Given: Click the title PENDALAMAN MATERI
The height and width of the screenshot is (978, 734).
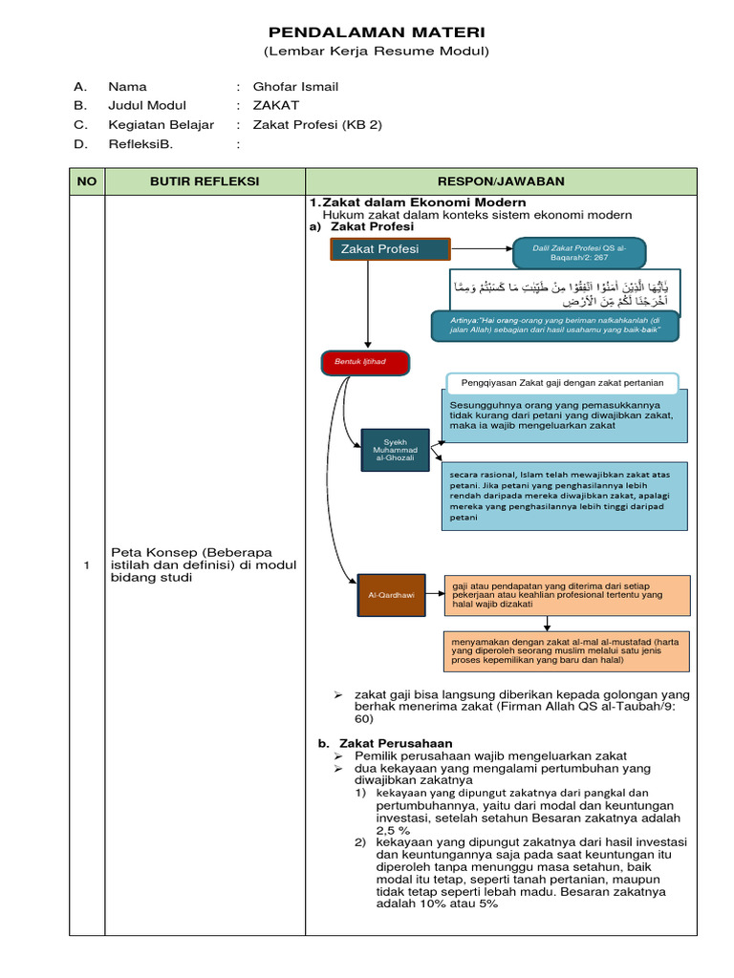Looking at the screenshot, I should (x=376, y=32).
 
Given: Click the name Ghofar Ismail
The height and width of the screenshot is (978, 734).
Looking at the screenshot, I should (x=295, y=87).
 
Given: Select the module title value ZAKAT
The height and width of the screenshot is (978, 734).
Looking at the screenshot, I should (x=276, y=106).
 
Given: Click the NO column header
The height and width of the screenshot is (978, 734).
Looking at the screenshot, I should (x=87, y=181).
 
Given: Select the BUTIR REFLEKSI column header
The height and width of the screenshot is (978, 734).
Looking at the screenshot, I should (x=205, y=181).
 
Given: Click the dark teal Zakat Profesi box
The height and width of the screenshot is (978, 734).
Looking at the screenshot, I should (x=390, y=250).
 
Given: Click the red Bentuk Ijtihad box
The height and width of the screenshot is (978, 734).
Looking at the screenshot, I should (x=365, y=363).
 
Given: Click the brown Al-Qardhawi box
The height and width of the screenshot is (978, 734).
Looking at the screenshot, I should (x=391, y=594).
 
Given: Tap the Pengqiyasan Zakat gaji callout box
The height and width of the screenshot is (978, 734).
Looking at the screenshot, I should (x=562, y=382).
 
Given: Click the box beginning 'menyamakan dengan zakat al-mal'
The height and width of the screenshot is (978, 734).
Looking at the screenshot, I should (x=566, y=650).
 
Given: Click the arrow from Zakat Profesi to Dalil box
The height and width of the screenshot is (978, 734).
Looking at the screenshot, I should (x=482, y=250).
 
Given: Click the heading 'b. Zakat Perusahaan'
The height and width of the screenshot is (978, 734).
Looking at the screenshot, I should (x=385, y=742).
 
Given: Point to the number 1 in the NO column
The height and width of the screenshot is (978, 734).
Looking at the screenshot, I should (x=87, y=565).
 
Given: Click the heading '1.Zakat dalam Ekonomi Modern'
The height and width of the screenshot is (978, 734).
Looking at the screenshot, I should (x=417, y=202).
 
